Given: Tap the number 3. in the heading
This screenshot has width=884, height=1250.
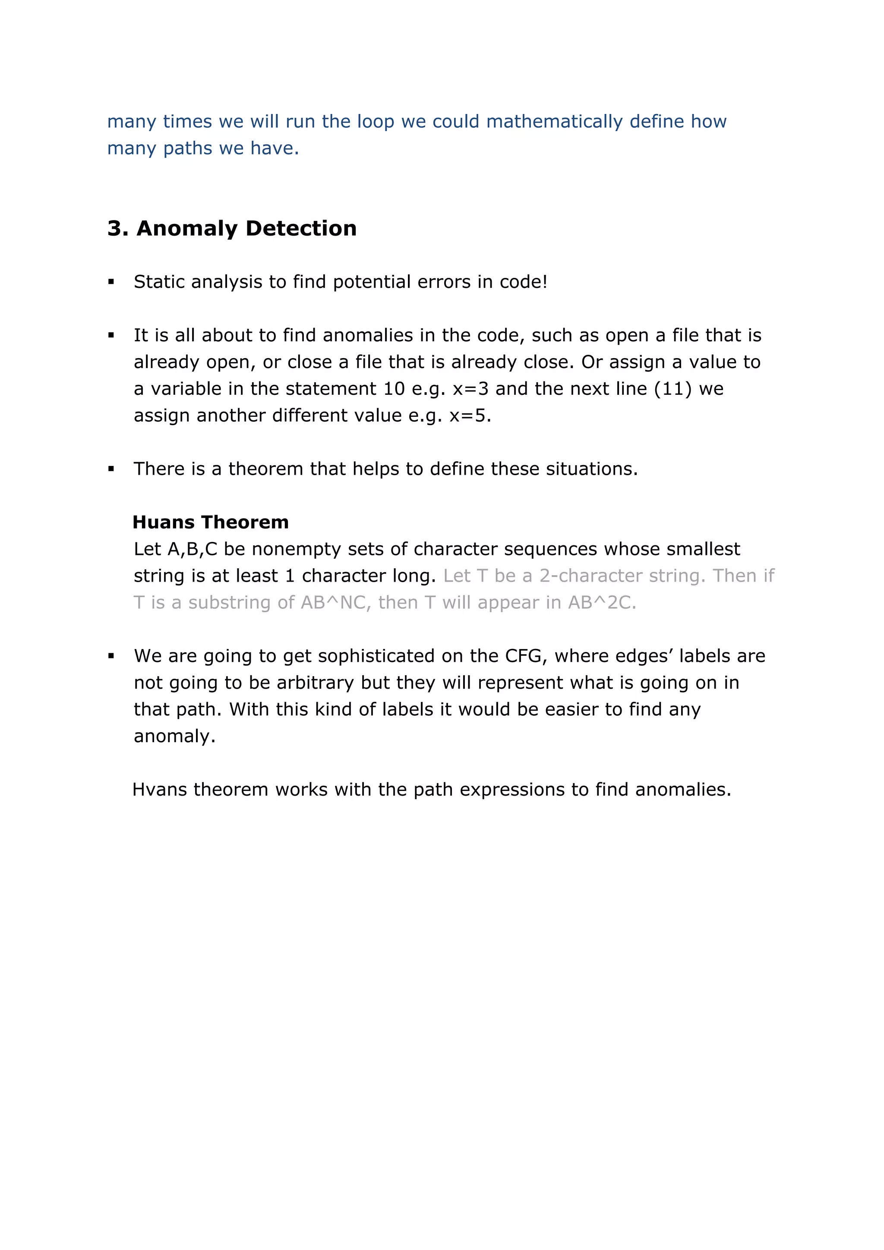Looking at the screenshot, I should point(118,228).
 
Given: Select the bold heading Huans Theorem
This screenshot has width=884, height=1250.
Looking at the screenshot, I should point(210,522).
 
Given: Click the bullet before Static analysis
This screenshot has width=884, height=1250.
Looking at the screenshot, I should point(111,282).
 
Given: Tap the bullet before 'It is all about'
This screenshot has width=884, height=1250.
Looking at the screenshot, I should point(111,335).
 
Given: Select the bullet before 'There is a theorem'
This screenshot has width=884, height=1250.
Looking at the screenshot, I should point(111,469).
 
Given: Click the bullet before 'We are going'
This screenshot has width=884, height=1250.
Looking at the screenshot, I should point(111,656).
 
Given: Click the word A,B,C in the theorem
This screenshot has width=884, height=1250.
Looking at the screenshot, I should point(192,549).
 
